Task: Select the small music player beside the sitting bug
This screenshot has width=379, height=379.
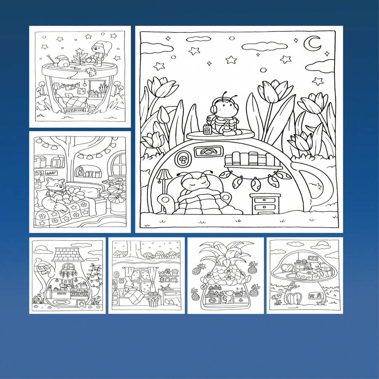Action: point(207,129)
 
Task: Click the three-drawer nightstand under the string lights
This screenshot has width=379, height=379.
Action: point(264,203)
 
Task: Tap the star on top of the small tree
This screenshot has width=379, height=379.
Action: point(78,50)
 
